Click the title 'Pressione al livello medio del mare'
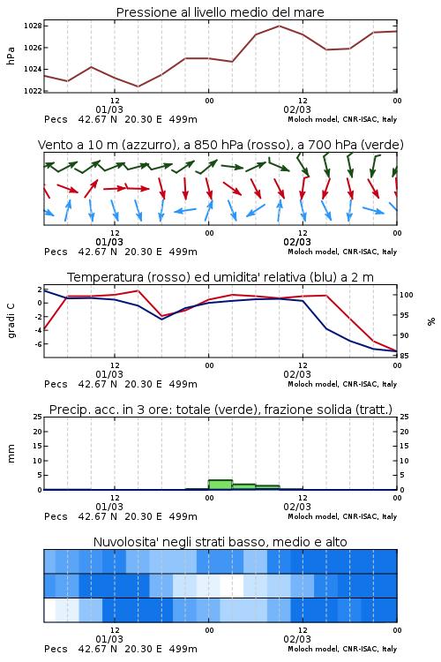pos(220,12)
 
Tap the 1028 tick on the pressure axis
pos(33,26)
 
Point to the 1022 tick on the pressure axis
pos(33,90)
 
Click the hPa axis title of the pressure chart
pos(11,56)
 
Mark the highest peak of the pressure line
pos(279,26)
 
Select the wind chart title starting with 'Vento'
pos(220,145)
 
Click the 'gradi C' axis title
pos(11,320)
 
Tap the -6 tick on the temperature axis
pos(38,343)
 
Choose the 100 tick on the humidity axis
pos(407,295)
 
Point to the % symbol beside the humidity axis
pos(431,321)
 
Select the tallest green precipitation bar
pos(220,485)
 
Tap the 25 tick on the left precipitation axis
pos(38,417)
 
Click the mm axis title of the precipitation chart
pos(11,454)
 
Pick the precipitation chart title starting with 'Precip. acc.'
pos(220,410)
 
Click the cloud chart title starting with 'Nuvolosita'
pos(220,542)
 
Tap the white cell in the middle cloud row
pos(232,585)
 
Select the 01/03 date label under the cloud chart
pos(108,639)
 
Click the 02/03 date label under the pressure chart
pos(297,109)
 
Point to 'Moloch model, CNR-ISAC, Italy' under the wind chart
pos(342,252)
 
